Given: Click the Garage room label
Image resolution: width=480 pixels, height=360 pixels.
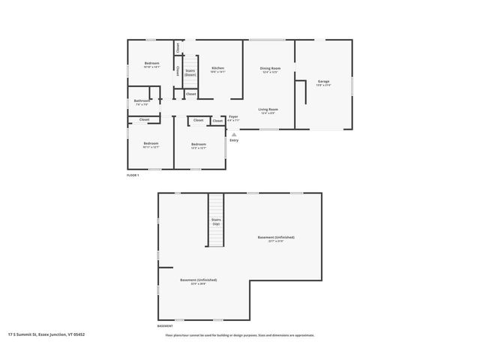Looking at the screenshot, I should pyautogui.click(x=323, y=81).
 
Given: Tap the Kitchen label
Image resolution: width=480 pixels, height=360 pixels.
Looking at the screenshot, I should pyautogui.click(x=217, y=68).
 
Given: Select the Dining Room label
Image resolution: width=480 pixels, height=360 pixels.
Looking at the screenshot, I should pyautogui.click(x=270, y=68).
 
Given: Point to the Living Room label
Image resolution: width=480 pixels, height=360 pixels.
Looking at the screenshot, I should pyautogui.click(x=268, y=109).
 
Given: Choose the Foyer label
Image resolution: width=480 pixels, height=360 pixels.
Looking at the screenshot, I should pyautogui.click(x=233, y=116).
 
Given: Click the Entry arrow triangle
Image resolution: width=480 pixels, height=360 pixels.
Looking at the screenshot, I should pyautogui.click(x=233, y=134).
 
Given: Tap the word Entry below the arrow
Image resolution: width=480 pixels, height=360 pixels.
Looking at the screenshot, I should pyautogui.click(x=234, y=140).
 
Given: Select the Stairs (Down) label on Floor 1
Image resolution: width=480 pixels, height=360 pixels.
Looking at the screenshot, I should pyautogui.click(x=190, y=73).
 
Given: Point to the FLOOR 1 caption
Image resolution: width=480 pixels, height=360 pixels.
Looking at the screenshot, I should pyautogui.click(x=133, y=175).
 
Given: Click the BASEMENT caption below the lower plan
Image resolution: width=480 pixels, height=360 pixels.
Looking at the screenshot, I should pyautogui.click(x=165, y=326).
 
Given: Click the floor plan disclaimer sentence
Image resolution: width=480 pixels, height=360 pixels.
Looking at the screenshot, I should pyautogui.click(x=240, y=335).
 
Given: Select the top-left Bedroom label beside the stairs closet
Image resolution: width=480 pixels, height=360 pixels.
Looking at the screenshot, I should pyautogui.click(x=151, y=63).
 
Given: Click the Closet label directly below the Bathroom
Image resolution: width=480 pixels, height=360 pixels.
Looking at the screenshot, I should pyautogui.click(x=144, y=119).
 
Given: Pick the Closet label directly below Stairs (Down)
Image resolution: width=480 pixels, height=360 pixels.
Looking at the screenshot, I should pyautogui.click(x=190, y=94).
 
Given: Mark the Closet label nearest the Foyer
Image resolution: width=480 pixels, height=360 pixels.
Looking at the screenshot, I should pyautogui.click(x=217, y=120).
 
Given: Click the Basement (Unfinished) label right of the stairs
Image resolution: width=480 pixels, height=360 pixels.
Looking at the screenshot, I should pyautogui.click(x=276, y=237).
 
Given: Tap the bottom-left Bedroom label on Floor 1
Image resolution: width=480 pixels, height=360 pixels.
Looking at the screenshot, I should pyautogui.click(x=151, y=142).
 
